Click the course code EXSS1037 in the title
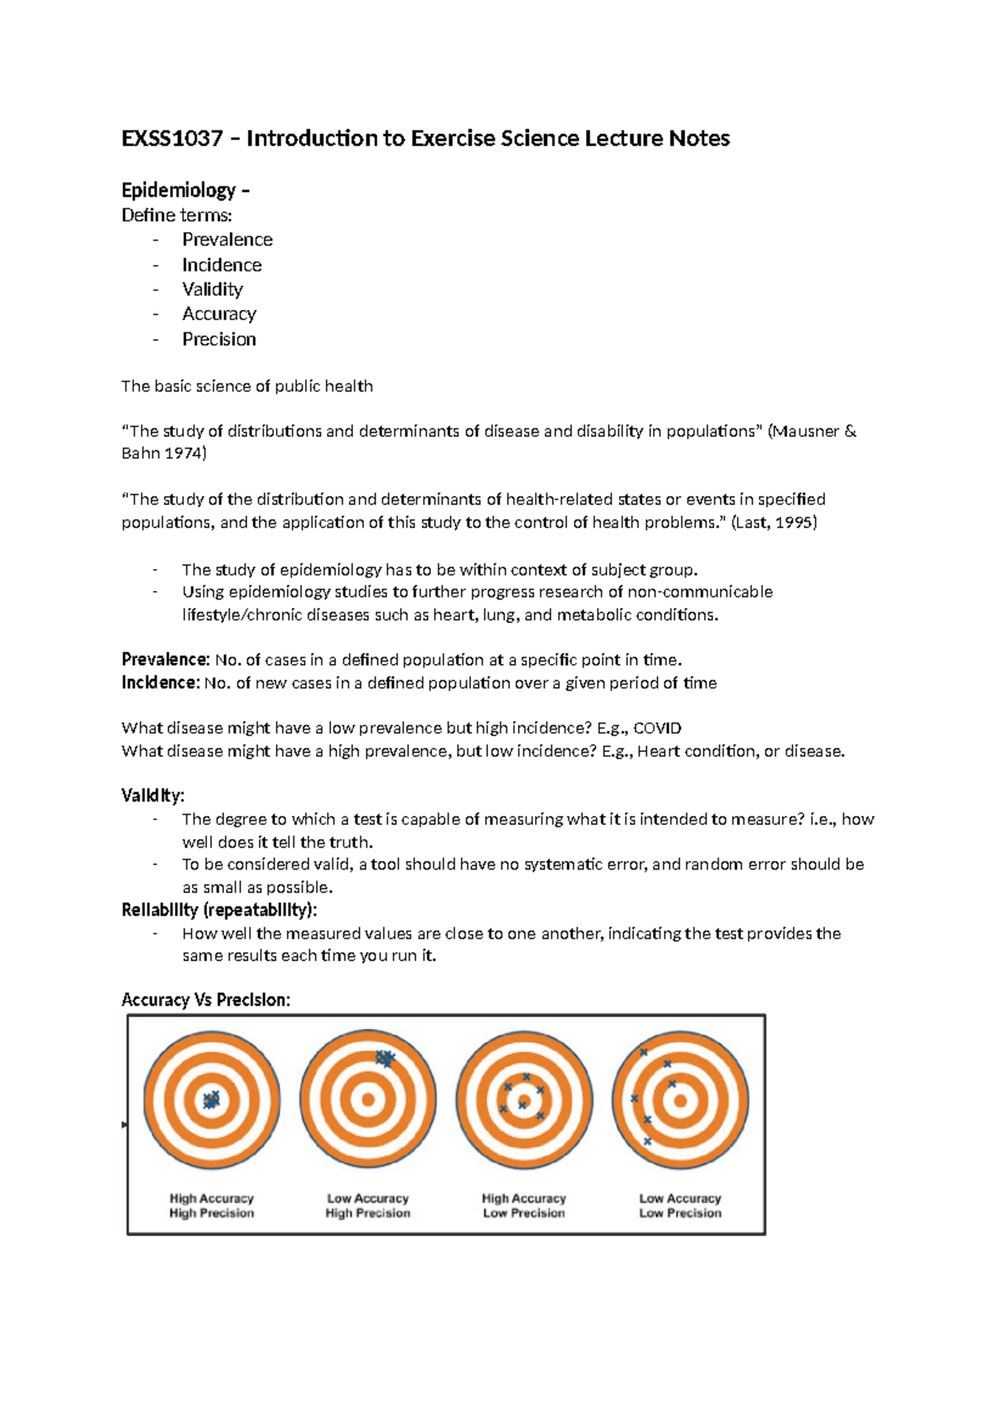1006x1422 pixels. pyautogui.click(x=172, y=138)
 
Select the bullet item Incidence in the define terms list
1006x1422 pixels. pyautogui.click(x=222, y=265)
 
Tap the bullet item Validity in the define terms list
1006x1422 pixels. pyautogui.click(x=213, y=289)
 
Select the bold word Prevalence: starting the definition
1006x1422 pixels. pyautogui.click(x=165, y=660)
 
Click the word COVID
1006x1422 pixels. pyautogui.click(x=657, y=728)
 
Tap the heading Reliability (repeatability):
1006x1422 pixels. pyautogui.click(x=220, y=910)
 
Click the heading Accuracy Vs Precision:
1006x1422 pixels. pyautogui.click(x=206, y=999)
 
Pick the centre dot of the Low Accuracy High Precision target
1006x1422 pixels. pyautogui.click(x=368, y=1100)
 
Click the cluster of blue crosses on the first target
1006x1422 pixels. pyautogui.click(x=211, y=1099)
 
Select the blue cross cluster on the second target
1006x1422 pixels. pyautogui.click(x=385, y=1058)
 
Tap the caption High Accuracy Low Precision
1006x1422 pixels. pyautogui.click(x=524, y=1206)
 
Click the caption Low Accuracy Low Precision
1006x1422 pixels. pyautogui.click(x=680, y=1206)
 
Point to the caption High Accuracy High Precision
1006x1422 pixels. pyautogui.click(x=211, y=1206)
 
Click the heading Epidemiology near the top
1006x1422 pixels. pyautogui.click(x=179, y=190)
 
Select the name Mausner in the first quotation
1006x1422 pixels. pyautogui.click(x=804, y=431)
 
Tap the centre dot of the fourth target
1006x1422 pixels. pyautogui.click(x=680, y=1100)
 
